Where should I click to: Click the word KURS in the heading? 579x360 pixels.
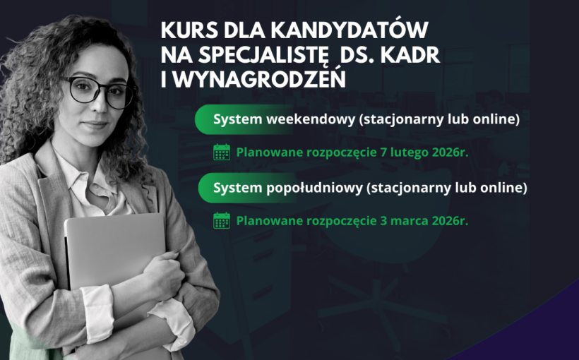click(186, 32)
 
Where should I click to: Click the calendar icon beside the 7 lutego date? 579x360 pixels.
click(222, 152)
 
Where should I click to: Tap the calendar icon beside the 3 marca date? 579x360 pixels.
click(222, 221)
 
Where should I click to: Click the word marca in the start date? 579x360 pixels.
click(405, 221)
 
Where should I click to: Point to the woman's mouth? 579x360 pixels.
click(94, 125)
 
